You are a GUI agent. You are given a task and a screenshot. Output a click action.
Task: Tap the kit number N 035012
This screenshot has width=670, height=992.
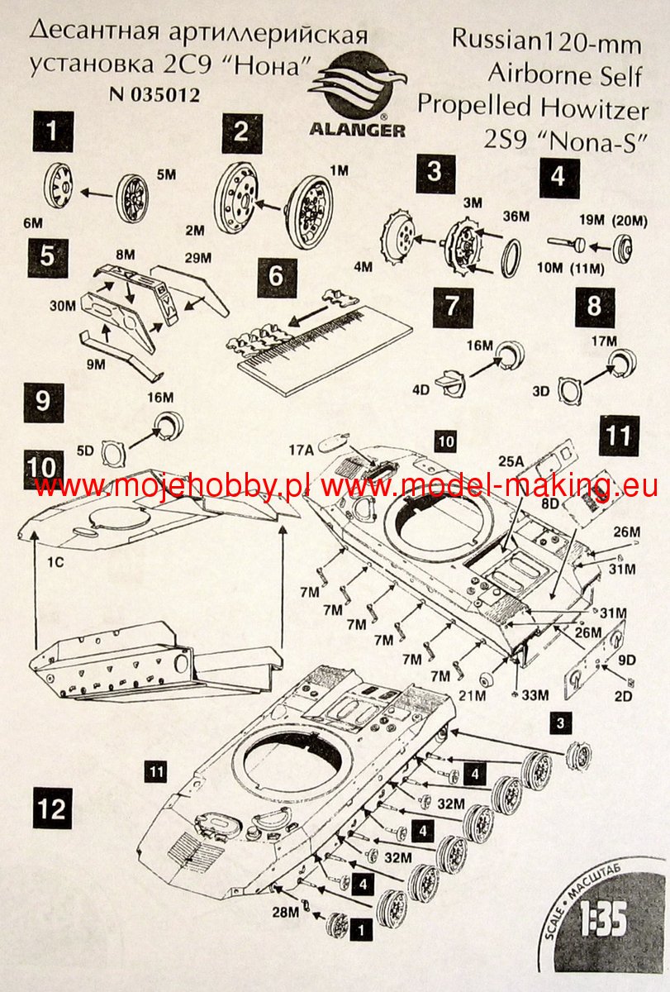click(154, 94)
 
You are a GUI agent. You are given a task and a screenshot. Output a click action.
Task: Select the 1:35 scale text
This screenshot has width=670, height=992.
click(604, 921)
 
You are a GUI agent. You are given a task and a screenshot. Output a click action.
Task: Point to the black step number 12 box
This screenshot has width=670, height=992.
click(52, 807)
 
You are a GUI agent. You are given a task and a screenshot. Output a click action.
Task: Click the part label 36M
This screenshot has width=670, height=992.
click(518, 217)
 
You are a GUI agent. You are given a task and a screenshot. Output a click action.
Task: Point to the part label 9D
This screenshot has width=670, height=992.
click(625, 661)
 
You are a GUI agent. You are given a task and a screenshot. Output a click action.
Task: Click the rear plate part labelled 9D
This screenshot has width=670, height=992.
click(597, 658)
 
